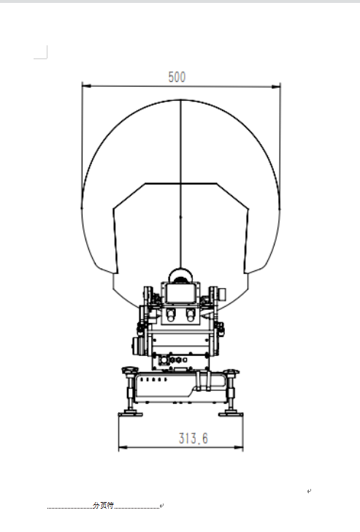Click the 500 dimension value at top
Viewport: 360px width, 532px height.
pyautogui.click(x=177, y=76)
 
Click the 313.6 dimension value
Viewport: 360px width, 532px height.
pyautogui.click(x=194, y=438)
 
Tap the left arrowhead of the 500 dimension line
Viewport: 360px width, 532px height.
pyautogui.click(x=85, y=85)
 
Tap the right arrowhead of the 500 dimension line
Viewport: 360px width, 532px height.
pyautogui.click(x=277, y=85)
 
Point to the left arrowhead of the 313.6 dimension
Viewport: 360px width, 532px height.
pyautogui.click(x=123, y=446)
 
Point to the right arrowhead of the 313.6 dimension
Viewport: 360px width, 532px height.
pyautogui.click(x=237, y=446)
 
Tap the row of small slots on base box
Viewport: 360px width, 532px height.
pyautogui.click(x=158, y=381)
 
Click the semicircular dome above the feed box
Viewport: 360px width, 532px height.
pyautogui.click(x=180, y=275)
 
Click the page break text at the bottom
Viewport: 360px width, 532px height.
pyautogui.click(x=103, y=506)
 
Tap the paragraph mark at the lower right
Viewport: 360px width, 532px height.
pyautogui.click(x=310, y=492)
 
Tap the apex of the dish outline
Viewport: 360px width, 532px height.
pyautogui.click(x=180, y=99)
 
